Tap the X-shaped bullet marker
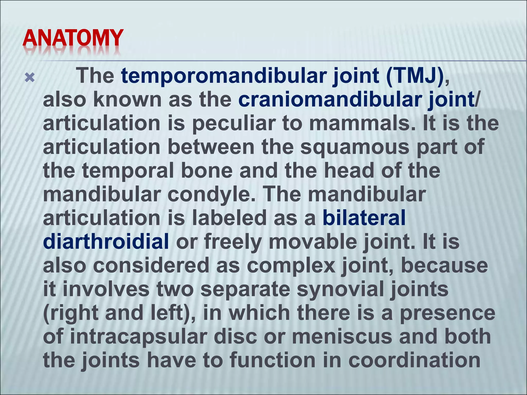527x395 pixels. [x=30, y=77]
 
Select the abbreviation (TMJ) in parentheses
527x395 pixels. [x=415, y=76]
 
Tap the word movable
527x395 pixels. [x=313, y=242]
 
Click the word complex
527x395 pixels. [x=291, y=265]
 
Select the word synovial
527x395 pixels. [x=340, y=289]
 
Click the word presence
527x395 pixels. [x=448, y=313]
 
